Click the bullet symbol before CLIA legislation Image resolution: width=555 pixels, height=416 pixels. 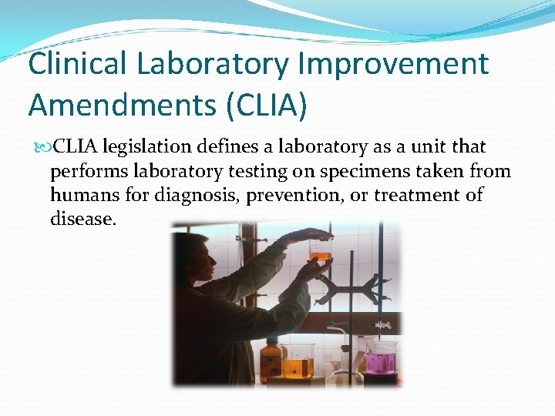pos(40,147)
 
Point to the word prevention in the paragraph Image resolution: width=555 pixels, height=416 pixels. pos(294,195)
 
